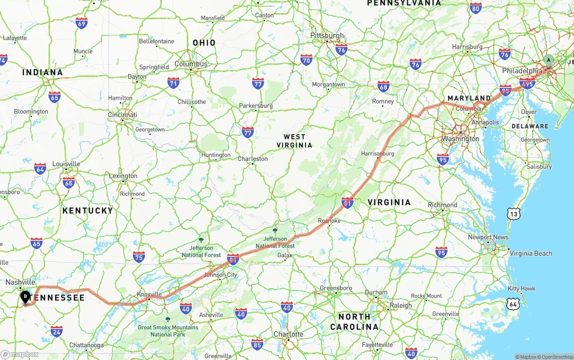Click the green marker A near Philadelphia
(x=548, y=61)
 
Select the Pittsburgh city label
(x=327, y=35)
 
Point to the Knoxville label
(x=149, y=295)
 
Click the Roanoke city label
(x=329, y=221)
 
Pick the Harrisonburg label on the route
(x=377, y=154)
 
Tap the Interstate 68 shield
(x=383, y=86)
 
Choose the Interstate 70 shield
(x=306, y=60)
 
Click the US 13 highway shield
(x=514, y=214)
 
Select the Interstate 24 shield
(x=57, y=332)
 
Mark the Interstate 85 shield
(x=257, y=344)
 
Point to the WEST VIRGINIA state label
(x=294, y=141)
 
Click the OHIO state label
(x=204, y=43)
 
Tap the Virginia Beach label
(x=531, y=253)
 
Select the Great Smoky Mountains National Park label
(x=168, y=331)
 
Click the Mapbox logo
(x=20, y=355)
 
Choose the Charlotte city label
(x=288, y=334)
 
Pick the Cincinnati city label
(x=122, y=115)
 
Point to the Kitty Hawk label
(x=521, y=288)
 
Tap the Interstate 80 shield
(x=476, y=8)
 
